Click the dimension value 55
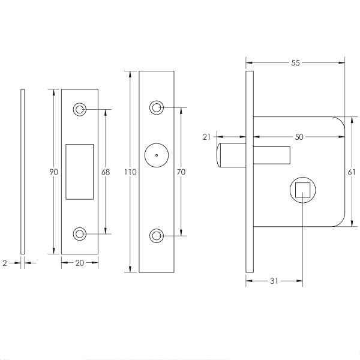[x=295, y=62]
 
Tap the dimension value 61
[x=352, y=172]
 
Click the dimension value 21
[x=206, y=137]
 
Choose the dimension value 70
[x=181, y=172]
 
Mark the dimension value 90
[x=53, y=172]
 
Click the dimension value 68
[x=106, y=172]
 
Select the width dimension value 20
[x=79, y=262]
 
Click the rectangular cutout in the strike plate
[x=79, y=171]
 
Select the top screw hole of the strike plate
[x=79, y=109]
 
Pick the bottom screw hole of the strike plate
[x=79, y=234]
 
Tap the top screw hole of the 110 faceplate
[x=157, y=108]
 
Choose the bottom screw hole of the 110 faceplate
[x=157, y=235]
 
